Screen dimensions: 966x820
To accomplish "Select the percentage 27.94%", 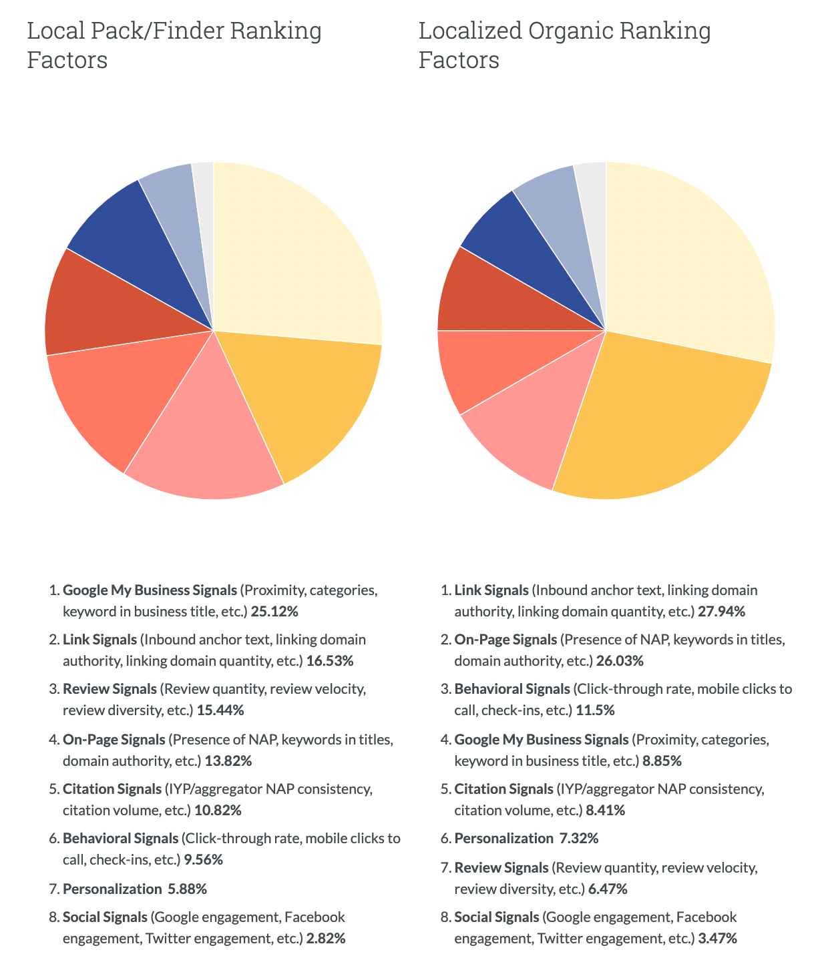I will tap(721, 612).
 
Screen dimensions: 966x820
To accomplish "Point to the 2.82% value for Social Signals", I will tap(326, 939).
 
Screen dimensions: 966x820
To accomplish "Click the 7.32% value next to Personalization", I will tap(578, 839).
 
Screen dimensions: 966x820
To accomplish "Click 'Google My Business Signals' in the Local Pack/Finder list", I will tap(150, 590).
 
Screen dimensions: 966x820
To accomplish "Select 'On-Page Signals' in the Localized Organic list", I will tap(505, 640).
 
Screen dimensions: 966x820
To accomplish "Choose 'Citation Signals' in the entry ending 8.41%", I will tap(503, 789).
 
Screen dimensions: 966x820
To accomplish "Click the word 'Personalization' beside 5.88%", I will tap(112, 889).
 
